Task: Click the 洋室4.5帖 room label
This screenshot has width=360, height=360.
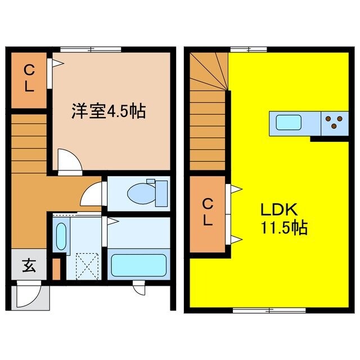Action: coord(108,111)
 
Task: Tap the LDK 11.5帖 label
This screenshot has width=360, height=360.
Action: coord(283,219)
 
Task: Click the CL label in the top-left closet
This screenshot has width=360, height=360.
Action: coord(29,79)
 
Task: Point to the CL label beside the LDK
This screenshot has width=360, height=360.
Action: coord(208,212)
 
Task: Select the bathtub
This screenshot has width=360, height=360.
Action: coord(138,264)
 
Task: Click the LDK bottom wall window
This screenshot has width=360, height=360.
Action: coord(269,309)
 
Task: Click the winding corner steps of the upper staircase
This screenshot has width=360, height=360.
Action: coord(212,71)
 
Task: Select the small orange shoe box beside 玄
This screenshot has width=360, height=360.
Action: coord(56,269)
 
